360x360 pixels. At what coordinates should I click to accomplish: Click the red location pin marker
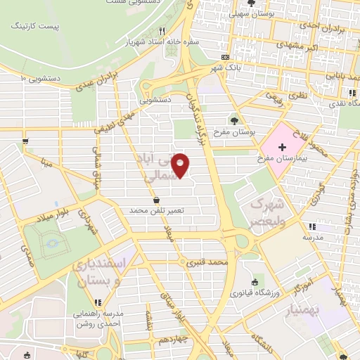(181, 165)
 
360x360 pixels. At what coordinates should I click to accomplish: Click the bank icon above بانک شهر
(225, 58)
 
